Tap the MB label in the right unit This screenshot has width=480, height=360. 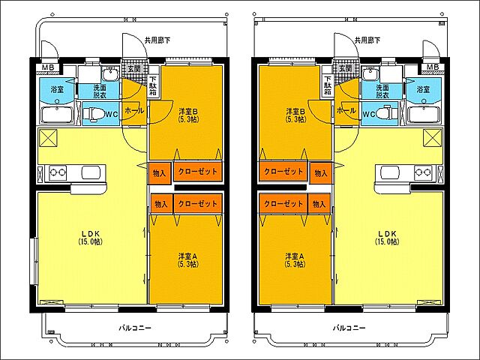coord(433,67)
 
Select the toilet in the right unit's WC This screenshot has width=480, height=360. coord(385,113)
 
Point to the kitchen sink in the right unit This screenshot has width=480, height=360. coord(390,173)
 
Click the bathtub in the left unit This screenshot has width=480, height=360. coord(57,115)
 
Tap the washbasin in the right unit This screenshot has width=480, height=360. coord(371,73)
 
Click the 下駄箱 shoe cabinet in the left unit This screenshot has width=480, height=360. coord(154,85)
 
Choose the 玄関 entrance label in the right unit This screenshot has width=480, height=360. coord(345,68)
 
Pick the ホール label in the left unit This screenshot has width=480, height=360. coord(133,110)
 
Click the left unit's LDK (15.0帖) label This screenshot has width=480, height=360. coord(90,238)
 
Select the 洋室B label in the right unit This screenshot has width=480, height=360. coord(295,115)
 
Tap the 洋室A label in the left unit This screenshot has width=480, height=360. coord(188,259)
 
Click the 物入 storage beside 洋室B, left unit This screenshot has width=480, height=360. coord(160,173)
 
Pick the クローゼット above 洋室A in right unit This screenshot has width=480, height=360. coord(283,203)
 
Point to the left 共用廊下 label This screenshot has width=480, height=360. coord(157,40)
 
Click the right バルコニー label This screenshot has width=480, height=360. coord(349,328)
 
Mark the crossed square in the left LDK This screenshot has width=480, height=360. coord(48,138)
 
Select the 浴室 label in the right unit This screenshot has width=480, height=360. coord(423,89)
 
